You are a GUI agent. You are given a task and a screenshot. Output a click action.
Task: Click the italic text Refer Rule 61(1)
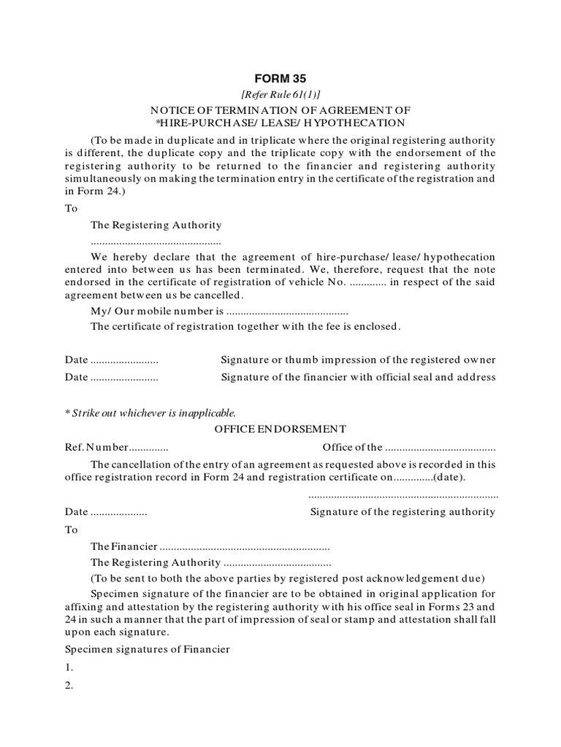(x=280, y=95)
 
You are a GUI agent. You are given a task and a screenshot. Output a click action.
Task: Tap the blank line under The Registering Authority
(x=156, y=241)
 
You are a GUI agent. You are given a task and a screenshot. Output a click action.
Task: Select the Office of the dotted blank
(x=440, y=448)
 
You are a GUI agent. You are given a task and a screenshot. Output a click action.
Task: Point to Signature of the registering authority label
(x=403, y=512)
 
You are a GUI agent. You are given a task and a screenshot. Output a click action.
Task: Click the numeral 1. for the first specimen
(x=69, y=667)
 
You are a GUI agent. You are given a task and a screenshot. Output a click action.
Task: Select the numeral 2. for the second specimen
(x=69, y=686)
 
